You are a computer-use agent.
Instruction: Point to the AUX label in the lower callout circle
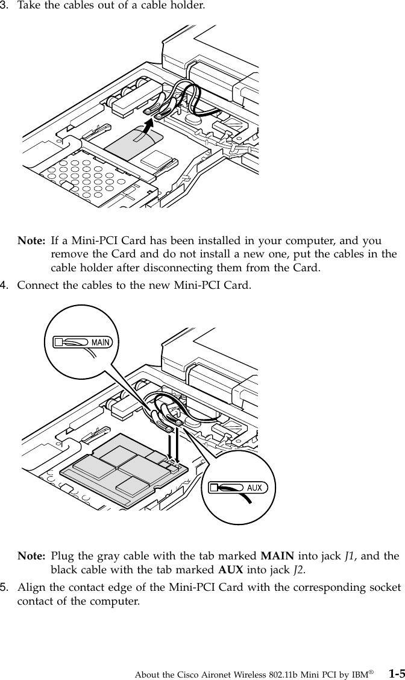254,487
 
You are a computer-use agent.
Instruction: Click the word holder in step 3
189,8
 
